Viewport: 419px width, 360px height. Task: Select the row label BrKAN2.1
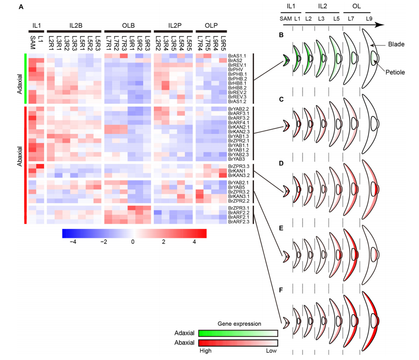pyautogui.click(x=236, y=127)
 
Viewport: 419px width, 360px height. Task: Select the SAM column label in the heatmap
pyautogui.click(x=32, y=40)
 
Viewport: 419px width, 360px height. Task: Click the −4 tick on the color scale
pyautogui.click(x=72, y=242)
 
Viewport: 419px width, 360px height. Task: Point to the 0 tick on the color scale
pyautogui.click(x=133, y=242)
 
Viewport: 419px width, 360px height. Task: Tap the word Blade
pyautogui.click(x=397, y=44)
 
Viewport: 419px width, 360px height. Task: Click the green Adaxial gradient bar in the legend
pyautogui.click(x=237, y=333)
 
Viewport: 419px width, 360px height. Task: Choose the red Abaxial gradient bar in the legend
pyautogui.click(x=237, y=342)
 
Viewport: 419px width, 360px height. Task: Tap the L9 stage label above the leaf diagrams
pyautogui.click(x=369, y=18)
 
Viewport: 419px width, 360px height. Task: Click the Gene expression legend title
pyautogui.click(x=238, y=323)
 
